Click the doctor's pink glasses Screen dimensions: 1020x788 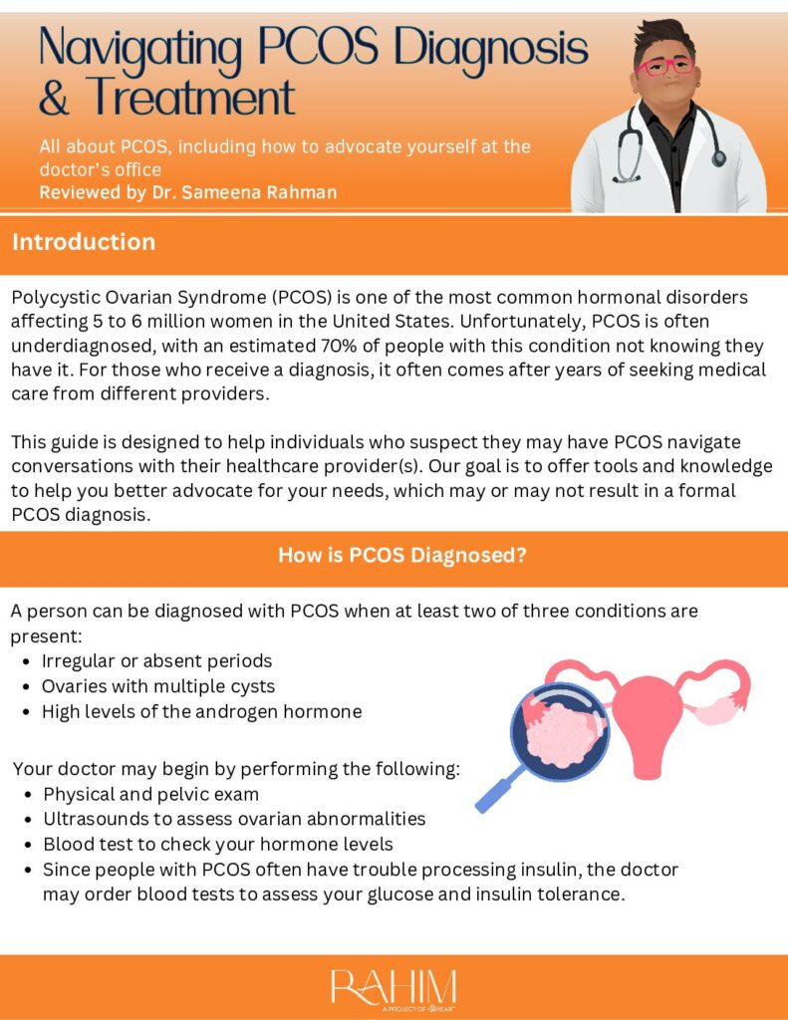point(666,66)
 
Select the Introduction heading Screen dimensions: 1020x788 point(84,242)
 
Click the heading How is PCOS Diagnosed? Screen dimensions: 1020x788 point(401,556)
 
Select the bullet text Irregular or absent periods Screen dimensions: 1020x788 point(156,660)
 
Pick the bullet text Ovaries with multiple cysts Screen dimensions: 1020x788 point(158,686)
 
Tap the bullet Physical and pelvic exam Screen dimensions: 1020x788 point(150,794)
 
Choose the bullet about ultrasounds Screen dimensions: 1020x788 point(234,819)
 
